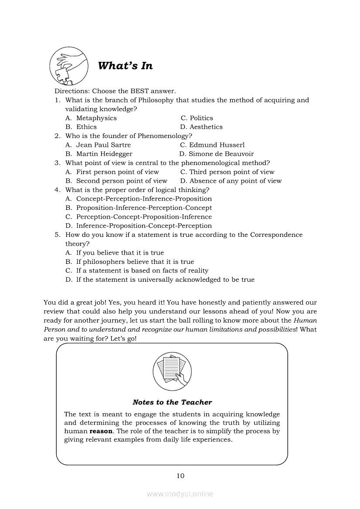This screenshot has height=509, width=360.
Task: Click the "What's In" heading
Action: coord(125,66)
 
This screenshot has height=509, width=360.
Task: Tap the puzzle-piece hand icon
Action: coord(68,66)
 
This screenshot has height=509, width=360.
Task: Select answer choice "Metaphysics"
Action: coord(96,118)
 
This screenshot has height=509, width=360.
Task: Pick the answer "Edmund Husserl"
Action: coord(217,145)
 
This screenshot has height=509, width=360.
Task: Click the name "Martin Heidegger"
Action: coord(104,154)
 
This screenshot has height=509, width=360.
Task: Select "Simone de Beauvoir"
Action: coord(221,154)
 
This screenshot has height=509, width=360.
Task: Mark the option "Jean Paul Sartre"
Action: coord(103,145)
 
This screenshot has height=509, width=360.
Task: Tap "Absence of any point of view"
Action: coord(235,181)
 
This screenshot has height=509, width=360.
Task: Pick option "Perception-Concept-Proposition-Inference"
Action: coord(144,217)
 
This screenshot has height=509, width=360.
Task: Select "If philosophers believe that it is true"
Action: coord(135,262)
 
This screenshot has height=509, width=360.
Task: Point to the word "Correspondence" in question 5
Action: coord(276,235)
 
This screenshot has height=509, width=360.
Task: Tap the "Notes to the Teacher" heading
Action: coord(172,402)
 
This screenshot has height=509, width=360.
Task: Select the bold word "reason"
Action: coord(101,431)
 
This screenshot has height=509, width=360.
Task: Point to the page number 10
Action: coord(180,476)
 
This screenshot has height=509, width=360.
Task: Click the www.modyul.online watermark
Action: coord(180,494)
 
